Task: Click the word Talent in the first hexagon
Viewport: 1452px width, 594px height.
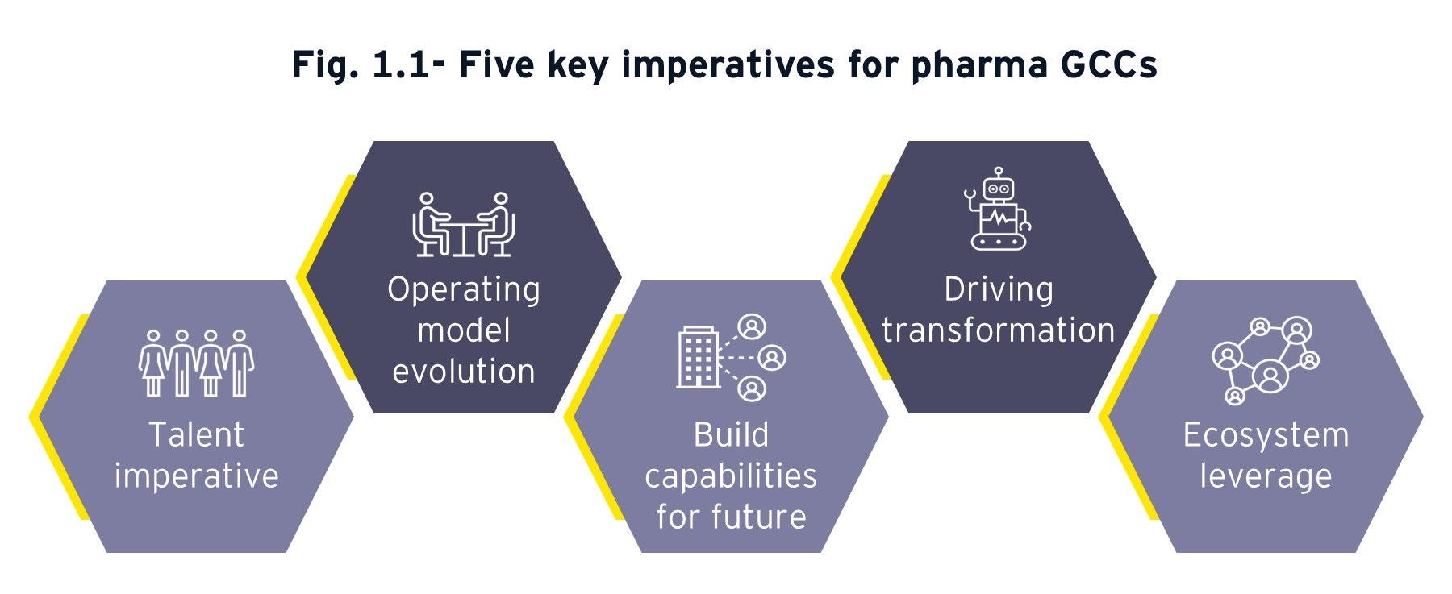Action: pos(196,434)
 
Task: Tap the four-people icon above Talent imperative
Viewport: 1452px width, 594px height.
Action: pos(196,363)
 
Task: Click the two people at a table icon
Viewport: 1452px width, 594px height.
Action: pos(464,225)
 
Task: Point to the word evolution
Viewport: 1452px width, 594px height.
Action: pos(464,372)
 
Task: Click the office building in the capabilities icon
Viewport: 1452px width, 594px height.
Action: pos(698,357)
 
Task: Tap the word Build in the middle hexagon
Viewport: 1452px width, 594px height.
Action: pos(731,434)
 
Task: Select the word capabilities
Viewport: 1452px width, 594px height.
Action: pos(731,477)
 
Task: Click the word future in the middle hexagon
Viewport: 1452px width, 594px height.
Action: pos(758,517)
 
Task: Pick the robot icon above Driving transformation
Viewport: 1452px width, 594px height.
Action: pos(999,209)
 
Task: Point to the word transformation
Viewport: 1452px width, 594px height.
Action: pos(999,330)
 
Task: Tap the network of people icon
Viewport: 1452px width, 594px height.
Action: pos(1266,361)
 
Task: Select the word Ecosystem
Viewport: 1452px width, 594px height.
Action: pos(1266,436)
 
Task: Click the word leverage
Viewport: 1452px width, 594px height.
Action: pos(1266,477)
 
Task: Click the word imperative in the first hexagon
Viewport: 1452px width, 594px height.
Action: pos(196,477)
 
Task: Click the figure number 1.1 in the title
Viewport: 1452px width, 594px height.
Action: pos(401,64)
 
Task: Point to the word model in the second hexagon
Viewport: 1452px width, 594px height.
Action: pos(464,330)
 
